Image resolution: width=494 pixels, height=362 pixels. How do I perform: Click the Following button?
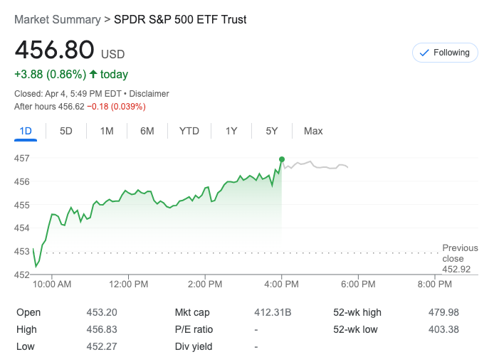[x=445, y=53]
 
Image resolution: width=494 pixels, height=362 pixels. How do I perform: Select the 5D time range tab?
[x=66, y=131]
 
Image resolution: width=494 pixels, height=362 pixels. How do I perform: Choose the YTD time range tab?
[x=189, y=131]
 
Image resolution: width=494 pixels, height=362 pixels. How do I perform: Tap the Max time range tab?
[x=313, y=131]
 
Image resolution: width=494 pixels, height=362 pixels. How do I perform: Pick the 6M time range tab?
[x=147, y=131]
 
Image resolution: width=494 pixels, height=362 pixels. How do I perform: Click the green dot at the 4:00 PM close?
[x=282, y=159]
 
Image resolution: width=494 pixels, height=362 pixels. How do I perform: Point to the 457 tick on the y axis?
[x=21, y=158]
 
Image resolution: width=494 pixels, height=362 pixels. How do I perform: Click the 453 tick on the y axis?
[x=21, y=251]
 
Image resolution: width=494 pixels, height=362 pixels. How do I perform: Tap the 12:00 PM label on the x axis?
[x=128, y=284]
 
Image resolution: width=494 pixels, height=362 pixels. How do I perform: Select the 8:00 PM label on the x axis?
[x=434, y=284]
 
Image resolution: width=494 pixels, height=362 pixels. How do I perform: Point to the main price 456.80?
[x=54, y=50]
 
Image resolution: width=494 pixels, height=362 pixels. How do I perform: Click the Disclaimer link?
[x=149, y=94]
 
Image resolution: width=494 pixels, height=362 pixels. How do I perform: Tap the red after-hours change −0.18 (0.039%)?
[x=117, y=107]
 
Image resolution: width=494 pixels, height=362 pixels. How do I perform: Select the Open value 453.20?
[x=102, y=312]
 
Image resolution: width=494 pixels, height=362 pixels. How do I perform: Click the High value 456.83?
[x=102, y=329]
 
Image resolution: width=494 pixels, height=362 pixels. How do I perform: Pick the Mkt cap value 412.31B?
[x=273, y=312]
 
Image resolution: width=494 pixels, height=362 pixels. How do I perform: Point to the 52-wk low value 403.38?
[x=445, y=329]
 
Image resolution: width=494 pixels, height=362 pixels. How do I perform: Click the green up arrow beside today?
[x=93, y=74]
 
